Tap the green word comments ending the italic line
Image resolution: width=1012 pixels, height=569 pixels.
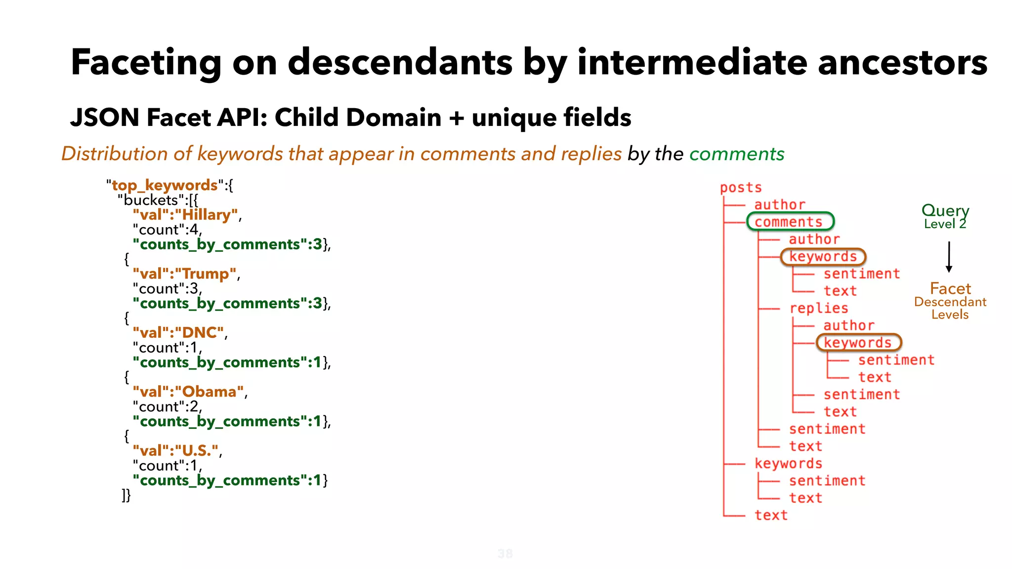point(736,154)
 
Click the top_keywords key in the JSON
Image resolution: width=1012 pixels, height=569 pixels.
point(165,185)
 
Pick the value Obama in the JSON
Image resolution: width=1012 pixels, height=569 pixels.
point(210,392)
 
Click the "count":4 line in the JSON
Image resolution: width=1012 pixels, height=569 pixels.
point(167,230)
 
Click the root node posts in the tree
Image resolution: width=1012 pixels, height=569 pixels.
point(740,188)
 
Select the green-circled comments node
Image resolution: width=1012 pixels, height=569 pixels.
point(789,222)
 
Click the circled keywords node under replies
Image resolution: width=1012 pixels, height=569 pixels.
point(858,342)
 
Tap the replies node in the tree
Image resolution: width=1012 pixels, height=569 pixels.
point(819,308)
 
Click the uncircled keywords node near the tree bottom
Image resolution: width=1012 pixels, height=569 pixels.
point(788,463)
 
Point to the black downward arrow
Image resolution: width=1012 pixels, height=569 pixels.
point(949,257)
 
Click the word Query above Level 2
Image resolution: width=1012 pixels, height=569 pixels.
point(945,211)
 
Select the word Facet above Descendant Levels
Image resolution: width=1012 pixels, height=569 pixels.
point(950,288)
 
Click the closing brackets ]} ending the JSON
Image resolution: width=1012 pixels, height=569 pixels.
point(126,495)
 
